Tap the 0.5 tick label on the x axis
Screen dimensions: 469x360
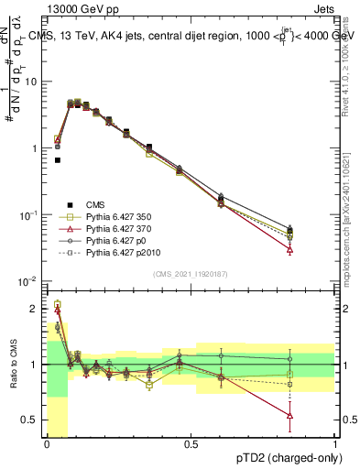[191, 444]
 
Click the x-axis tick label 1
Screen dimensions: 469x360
[335, 444]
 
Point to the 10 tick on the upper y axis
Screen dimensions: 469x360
[32, 82]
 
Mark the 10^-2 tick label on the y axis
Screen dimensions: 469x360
[29, 280]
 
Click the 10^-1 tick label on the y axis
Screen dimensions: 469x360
[29, 214]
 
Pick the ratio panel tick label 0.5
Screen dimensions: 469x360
[31, 420]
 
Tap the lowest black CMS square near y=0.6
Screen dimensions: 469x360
[57, 160]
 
